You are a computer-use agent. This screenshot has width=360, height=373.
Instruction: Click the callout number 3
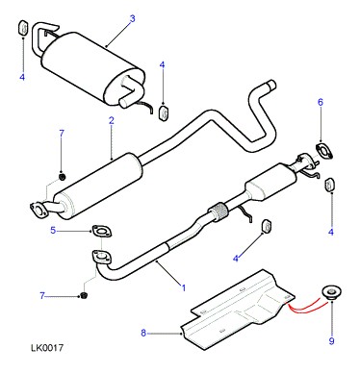click(x=133, y=18)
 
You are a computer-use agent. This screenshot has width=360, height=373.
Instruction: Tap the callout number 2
click(x=112, y=121)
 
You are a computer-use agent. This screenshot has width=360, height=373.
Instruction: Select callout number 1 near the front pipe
click(x=184, y=287)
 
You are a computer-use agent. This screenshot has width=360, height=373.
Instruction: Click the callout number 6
click(x=321, y=102)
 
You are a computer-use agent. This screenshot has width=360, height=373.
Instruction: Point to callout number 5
click(x=53, y=230)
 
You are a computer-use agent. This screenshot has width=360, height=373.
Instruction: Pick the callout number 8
click(x=143, y=334)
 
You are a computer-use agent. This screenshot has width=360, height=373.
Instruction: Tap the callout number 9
click(x=331, y=341)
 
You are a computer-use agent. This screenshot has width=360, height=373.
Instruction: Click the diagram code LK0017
click(x=47, y=348)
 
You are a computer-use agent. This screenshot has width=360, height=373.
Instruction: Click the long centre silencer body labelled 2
click(x=97, y=186)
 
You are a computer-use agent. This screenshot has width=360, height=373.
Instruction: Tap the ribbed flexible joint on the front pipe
click(x=218, y=211)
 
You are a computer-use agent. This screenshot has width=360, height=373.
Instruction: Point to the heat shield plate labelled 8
click(x=237, y=310)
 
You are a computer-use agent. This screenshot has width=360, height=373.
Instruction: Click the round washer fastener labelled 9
click(x=331, y=292)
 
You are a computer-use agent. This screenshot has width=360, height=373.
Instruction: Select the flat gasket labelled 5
click(x=102, y=232)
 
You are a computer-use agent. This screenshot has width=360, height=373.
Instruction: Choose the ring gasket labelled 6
click(x=324, y=151)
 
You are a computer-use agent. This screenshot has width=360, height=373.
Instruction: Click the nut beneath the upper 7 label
click(x=63, y=176)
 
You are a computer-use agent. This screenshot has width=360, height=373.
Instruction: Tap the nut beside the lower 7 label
click(x=84, y=295)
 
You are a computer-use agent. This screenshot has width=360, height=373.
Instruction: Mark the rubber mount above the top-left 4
click(x=23, y=28)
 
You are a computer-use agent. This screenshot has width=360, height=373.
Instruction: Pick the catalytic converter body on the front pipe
click(x=270, y=182)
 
